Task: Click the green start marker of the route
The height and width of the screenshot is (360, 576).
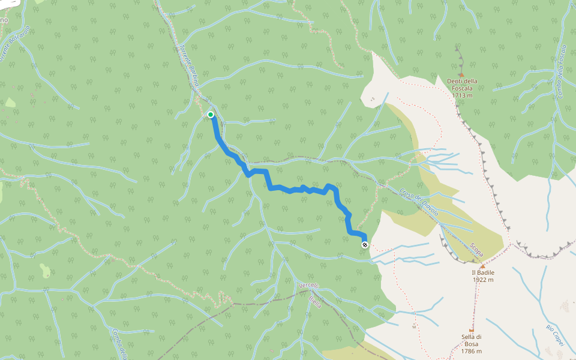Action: click(x=211, y=114)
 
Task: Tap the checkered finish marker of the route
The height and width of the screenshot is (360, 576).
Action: click(x=365, y=244)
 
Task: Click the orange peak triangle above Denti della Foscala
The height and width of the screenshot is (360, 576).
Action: click(x=461, y=74)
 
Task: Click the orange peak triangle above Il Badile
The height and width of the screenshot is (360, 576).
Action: click(x=482, y=265)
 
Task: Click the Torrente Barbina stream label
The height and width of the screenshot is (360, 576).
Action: click(x=188, y=65)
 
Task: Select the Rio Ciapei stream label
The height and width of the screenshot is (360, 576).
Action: click(x=554, y=335)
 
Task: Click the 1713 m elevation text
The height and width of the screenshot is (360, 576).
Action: click(x=463, y=95)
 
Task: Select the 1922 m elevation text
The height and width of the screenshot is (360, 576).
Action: click(x=482, y=280)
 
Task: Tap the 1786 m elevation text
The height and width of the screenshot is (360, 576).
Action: click(x=472, y=351)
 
